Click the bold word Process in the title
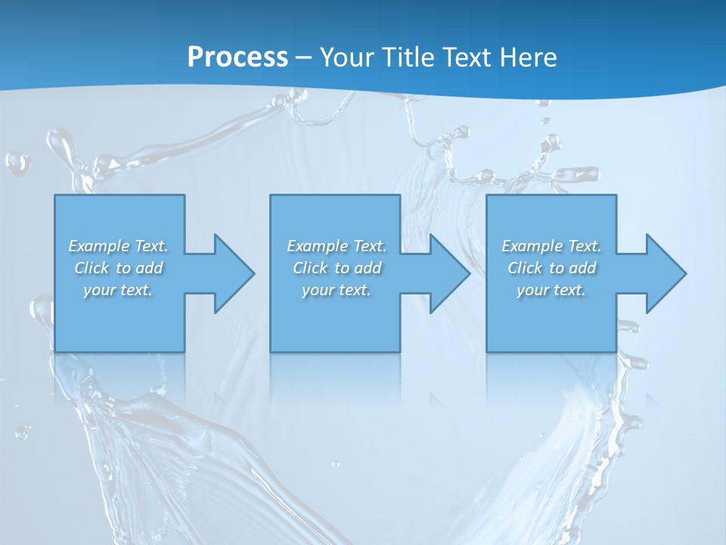tap(237, 58)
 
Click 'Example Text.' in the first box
tap(118, 246)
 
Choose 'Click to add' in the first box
tap(118, 268)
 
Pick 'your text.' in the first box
tap(118, 290)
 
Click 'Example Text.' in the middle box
tap(337, 246)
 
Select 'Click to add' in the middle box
tap(337, 268)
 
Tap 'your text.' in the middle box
tap(337, 290)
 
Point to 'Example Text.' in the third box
tap(551, 246)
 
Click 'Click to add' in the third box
tap(551, 268)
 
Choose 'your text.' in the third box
tap(551, 290)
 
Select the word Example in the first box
tap(99, 246)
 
